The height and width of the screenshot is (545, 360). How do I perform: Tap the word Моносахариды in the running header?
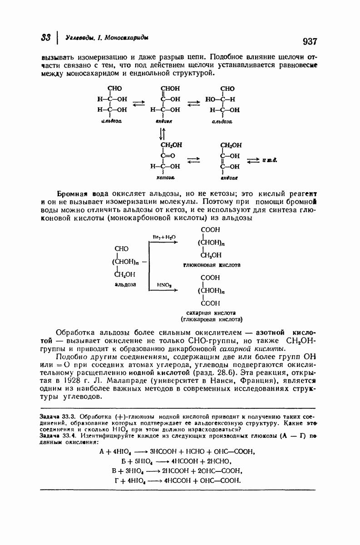point(128,37)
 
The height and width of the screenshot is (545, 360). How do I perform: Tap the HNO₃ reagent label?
point(163,285)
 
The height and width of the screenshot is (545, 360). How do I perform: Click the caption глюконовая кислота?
point(212,265)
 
